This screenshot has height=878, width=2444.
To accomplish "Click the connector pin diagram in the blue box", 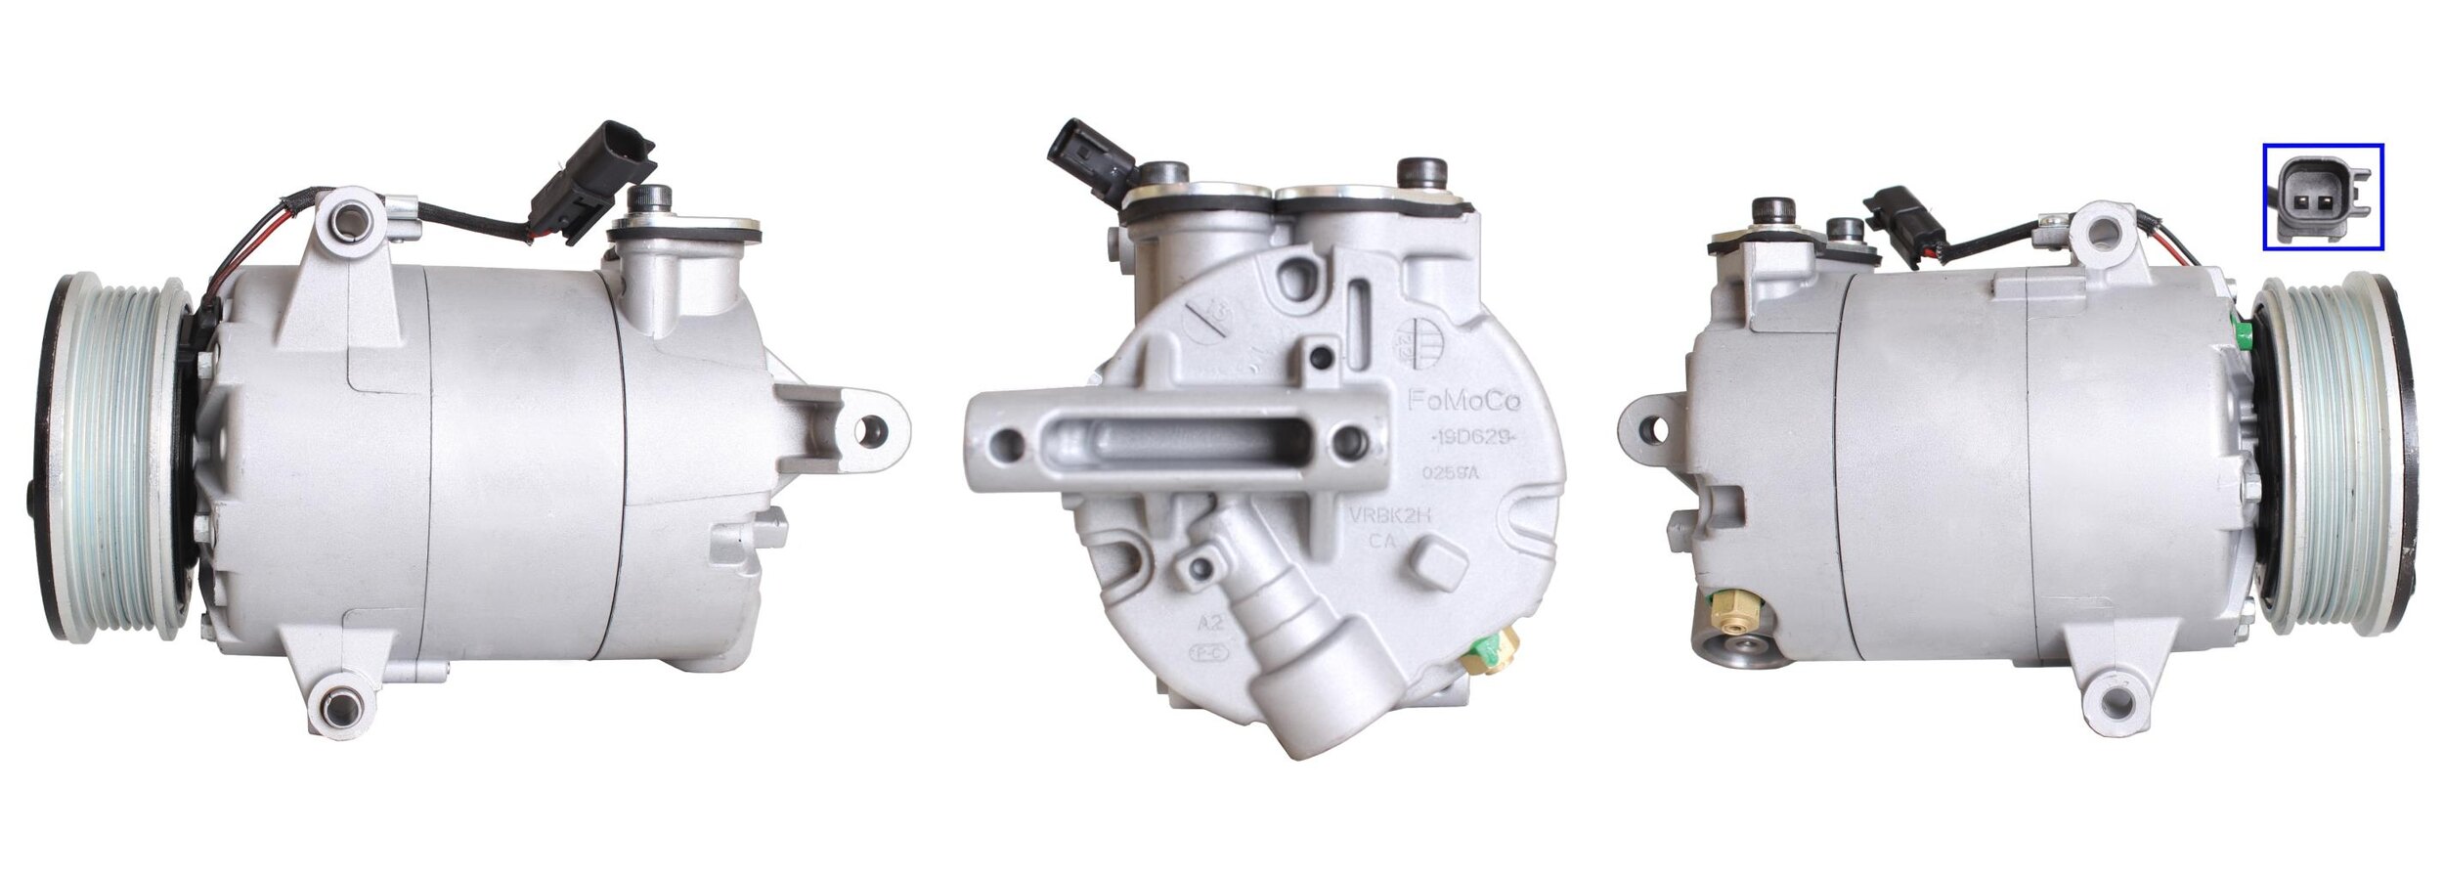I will point(2323,196).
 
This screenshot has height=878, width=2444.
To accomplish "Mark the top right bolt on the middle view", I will point(1422,172).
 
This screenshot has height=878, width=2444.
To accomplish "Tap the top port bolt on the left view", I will point(645,199).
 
